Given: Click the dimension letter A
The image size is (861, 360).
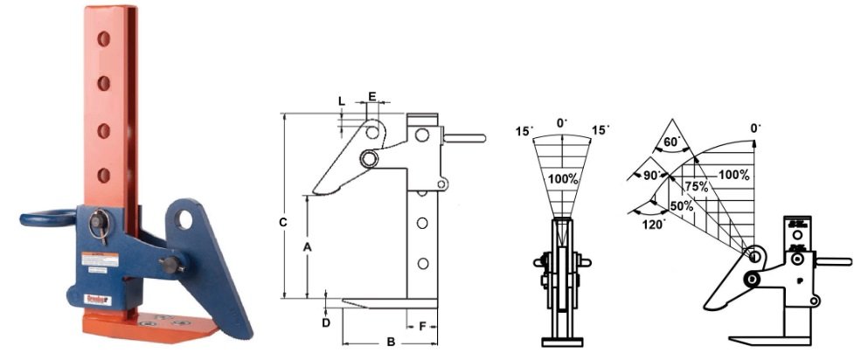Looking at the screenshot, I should point(307,247).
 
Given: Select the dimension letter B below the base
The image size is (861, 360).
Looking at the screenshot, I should point(391,343).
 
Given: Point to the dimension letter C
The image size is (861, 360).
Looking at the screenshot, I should point(283,223).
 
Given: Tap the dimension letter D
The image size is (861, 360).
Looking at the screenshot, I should point(326,322).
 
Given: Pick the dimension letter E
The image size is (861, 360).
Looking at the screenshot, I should point(372,96).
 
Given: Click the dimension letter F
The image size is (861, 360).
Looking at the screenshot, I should point(422,326).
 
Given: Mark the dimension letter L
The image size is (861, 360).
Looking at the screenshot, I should point(341,101).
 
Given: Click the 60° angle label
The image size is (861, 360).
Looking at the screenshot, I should point(672,141).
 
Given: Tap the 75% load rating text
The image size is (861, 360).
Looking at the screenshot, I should point(696,186).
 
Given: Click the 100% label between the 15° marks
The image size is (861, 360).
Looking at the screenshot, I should point(563,179).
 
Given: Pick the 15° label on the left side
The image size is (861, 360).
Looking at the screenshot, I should point(524,131).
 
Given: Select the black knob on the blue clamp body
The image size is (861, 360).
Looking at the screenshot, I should point(168,263).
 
